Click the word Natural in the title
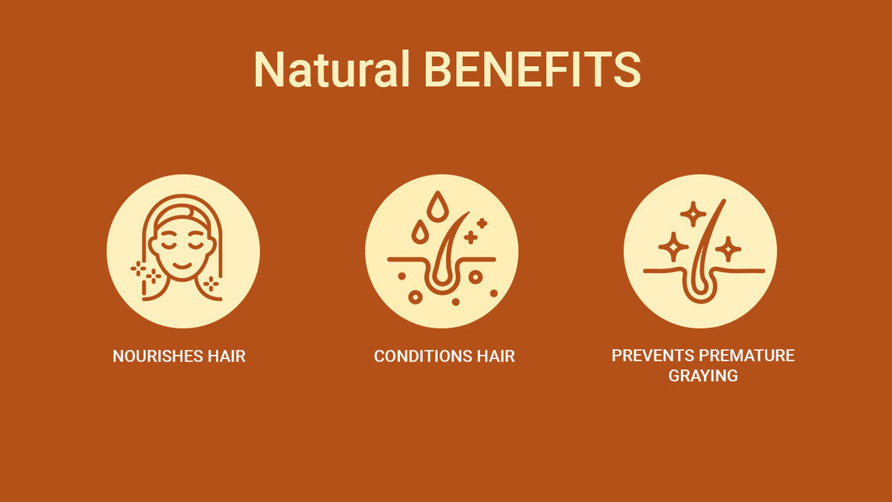pos(332,69)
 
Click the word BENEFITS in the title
pos(533,69)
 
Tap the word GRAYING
pos(703,376)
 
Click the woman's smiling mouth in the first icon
pos(182,266)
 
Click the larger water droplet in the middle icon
pos(438,206)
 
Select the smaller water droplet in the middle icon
pos(420,231)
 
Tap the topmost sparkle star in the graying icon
pos(693,214)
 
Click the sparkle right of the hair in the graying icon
pos(728,249)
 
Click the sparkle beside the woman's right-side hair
pos(210,283)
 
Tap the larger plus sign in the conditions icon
pos(471,237)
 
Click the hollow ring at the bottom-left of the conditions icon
pos(416,297)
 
